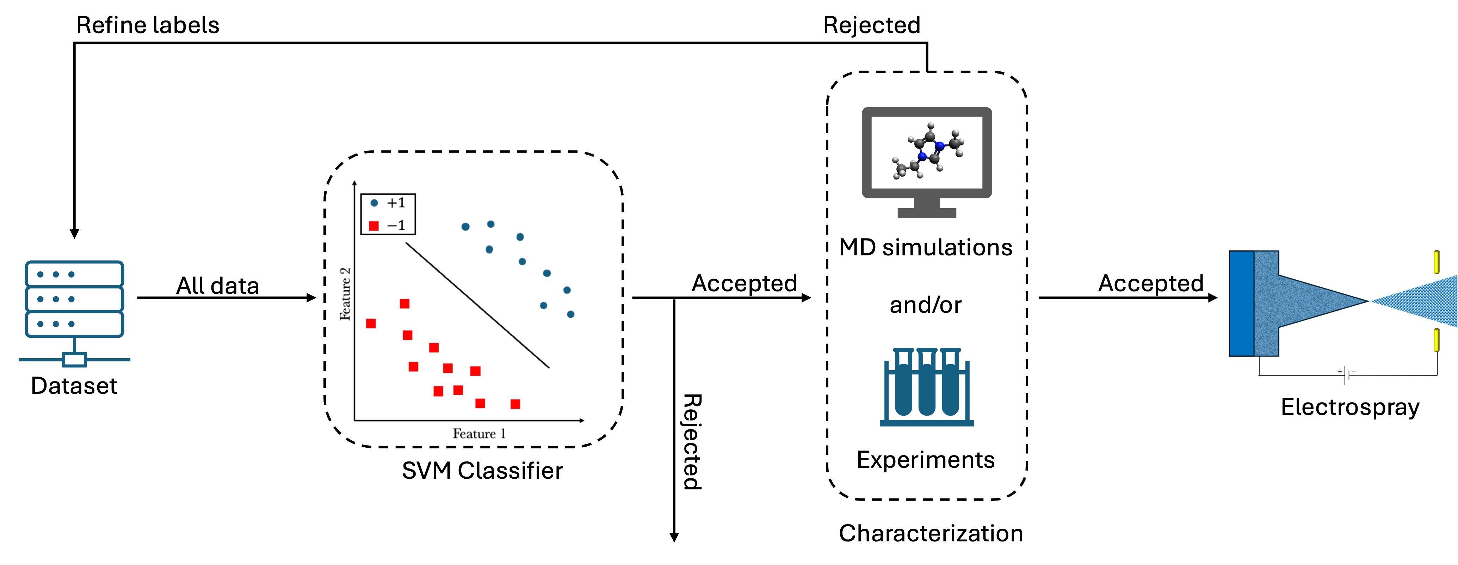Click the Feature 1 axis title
point(478,434)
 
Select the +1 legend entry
point(389,203)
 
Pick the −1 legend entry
point(389,226)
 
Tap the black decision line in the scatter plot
point(477,305)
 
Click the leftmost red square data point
point(371,323)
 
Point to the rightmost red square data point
point(515,404)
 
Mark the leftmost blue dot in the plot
point(465,227)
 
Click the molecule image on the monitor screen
point(924,151)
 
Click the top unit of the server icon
point(74,274)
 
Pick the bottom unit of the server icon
point(74,324)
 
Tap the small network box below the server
point(74,360)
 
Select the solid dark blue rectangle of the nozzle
point(1242,304)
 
